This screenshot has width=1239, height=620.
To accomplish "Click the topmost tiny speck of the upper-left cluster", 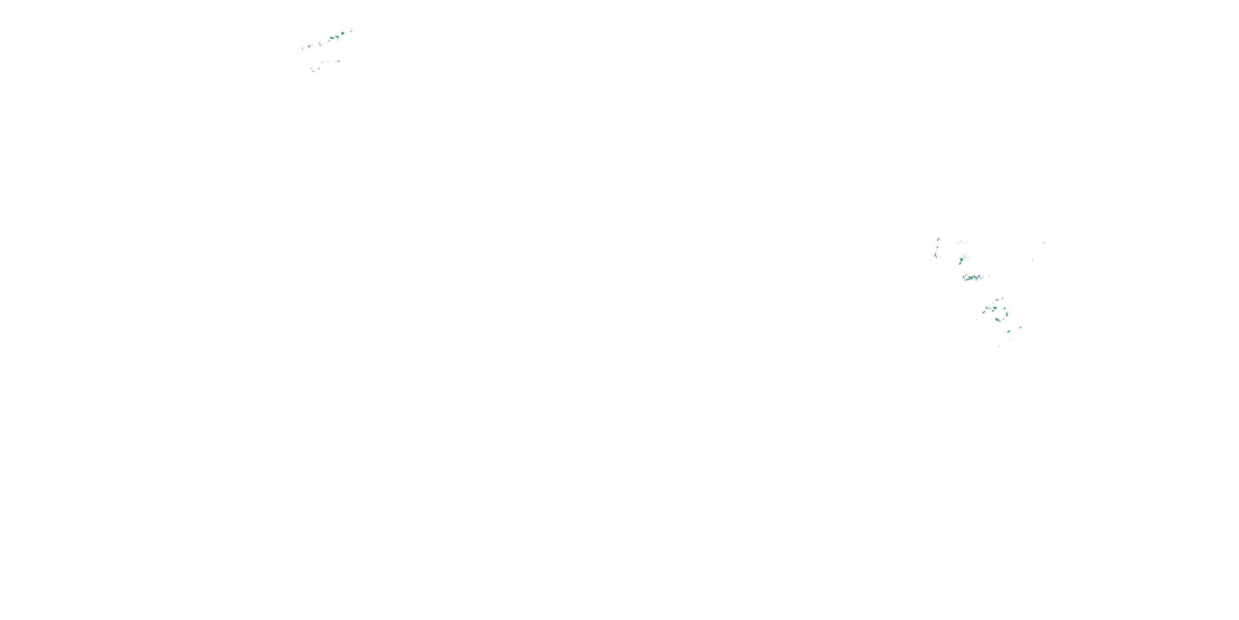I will [351, 29].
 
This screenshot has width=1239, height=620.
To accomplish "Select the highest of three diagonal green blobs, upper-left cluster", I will [343, 34].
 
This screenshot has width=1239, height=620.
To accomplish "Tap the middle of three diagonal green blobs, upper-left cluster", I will [338, 37].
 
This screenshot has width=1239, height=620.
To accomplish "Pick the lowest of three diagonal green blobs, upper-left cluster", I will [332, 38].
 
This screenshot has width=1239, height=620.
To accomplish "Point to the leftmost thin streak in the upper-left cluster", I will [303, 49].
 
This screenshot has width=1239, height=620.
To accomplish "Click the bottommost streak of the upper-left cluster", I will [313, 72].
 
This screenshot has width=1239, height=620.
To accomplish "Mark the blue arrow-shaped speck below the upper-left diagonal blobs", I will [339, 61].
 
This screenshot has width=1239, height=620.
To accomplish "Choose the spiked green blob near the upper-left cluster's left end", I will [309, 47].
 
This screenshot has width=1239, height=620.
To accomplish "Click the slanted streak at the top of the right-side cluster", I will [938, 239].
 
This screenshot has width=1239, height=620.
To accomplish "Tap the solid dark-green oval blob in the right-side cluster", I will [961, 260].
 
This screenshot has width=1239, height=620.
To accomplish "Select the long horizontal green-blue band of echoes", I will [971, 277].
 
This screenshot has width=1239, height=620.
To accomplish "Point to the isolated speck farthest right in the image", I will [1044, 243].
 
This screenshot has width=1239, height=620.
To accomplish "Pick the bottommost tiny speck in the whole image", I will [999, 347].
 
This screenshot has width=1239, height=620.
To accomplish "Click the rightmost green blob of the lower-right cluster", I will [1021, 328].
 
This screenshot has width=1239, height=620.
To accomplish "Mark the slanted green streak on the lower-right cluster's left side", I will [984, 312].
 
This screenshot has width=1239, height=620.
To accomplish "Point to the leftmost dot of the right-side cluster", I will [930, 260].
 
